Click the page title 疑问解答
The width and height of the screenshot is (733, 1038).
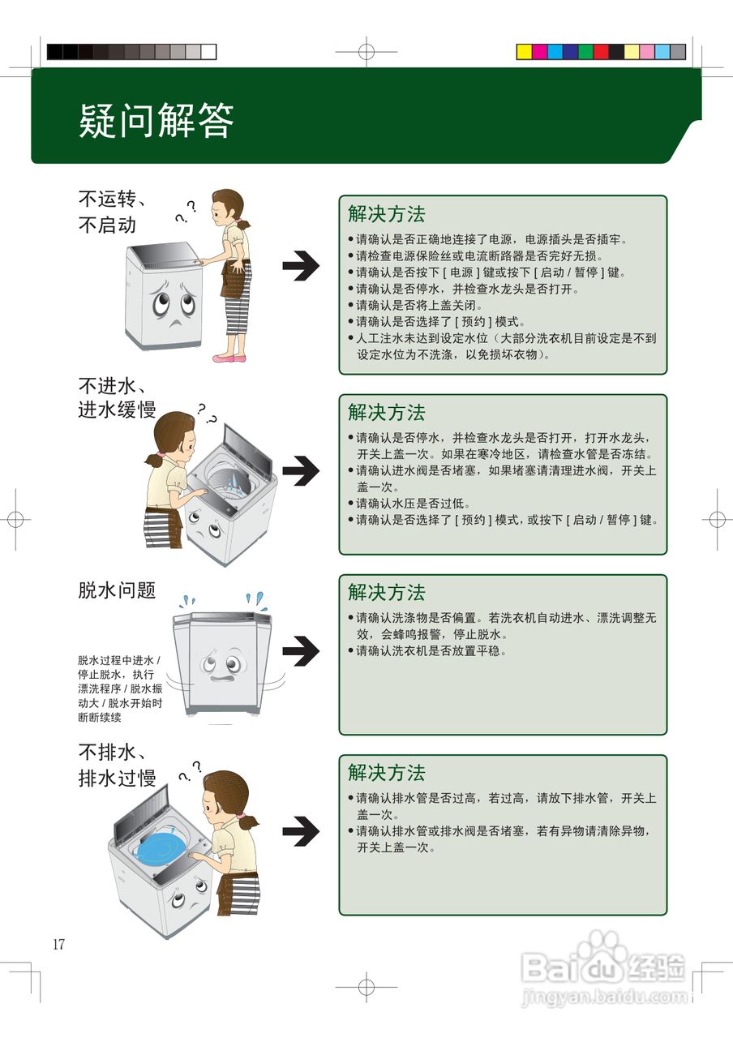point(156,121)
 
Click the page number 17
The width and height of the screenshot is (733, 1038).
point(58,944)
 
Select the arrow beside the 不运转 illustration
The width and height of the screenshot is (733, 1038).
point(301,265)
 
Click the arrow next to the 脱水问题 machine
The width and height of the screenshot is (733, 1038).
point(301,650)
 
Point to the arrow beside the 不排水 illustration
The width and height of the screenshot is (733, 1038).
point(301,830)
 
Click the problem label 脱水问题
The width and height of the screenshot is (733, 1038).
point(117,590)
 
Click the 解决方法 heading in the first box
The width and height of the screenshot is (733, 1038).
point(386,214)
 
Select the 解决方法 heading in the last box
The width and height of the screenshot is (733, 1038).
point(386,772)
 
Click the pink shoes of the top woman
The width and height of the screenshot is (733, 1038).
point(229,357)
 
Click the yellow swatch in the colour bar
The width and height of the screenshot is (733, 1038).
point(524,52)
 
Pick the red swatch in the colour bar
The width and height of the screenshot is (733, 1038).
point(601,52)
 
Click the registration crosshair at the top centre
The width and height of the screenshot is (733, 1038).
point(366,52)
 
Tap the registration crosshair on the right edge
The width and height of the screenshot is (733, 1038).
point(717,519)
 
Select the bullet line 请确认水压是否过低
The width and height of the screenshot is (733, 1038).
point(414,504)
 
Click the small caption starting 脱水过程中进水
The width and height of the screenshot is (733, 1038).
point(120,688)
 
